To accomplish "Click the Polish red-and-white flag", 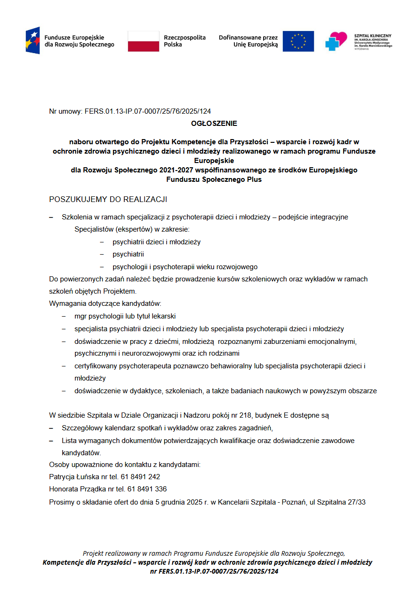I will click(x=144, y=41).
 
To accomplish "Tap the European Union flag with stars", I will click(x=298, y=41).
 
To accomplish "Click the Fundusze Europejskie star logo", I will click(x=32, y=40).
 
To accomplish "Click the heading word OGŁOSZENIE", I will click(x=214, y=124).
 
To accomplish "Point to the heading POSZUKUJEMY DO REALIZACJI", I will click(x=108, y=200).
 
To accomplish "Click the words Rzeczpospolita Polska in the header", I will click(x=184, y=41).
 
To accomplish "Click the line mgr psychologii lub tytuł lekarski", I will click(x=125, y=316).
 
